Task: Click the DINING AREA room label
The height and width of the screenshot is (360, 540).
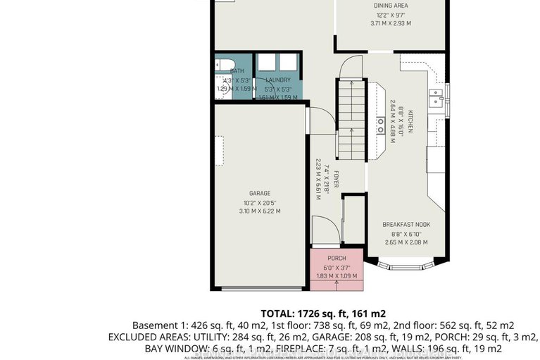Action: click(x=391, y=6)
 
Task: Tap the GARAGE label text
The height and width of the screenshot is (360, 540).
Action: click(x=259, y=193)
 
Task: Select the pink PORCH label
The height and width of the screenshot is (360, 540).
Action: click(x=337, y=259)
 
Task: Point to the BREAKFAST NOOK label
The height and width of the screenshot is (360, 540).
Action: click(x=406, y=225)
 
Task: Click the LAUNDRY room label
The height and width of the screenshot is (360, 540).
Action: click(x=278, y=80)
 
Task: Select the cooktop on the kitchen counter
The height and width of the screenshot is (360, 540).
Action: click(x=380, y=127)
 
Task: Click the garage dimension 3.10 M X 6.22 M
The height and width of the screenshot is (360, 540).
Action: click(x=259, y=211)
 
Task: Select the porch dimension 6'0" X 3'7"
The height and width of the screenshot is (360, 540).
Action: click(x=337, y=267)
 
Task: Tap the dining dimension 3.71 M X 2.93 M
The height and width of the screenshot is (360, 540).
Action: click(x=391, y=23)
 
